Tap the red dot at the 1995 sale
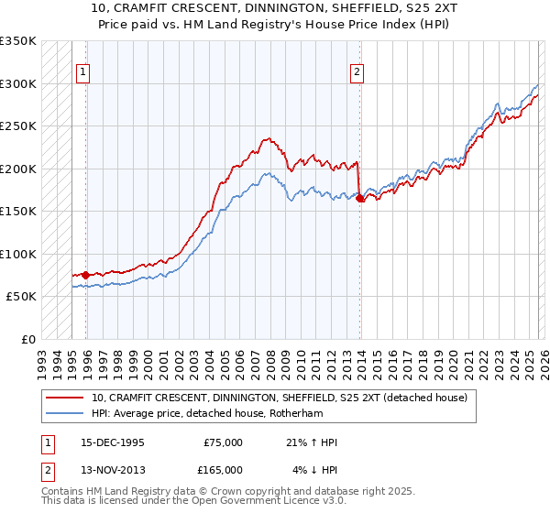click(x=86, y=274)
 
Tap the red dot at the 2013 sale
click(x=360, y=198)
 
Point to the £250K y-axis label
click(x=18, y=126)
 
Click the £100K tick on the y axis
click(x=18, y=254)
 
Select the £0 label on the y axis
click(x=26, y=339)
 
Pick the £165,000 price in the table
click(x=223, y=469)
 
